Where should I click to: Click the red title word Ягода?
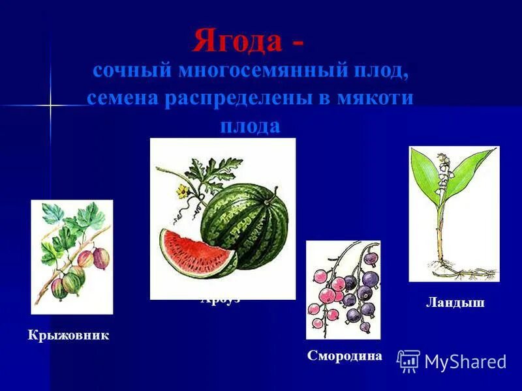[x=238, y=41]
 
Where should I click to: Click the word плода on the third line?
[x=249, y=125]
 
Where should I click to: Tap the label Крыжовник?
[x=68, y=336]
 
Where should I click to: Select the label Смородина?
[x=345, y=355]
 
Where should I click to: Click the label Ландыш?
[x=455, y=302]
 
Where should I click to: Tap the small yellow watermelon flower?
[x=181, y=190]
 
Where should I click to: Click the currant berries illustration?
[x=343, y=289]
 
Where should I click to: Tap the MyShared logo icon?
[x=408, y=361]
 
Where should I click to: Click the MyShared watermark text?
[x=465, y=362]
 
